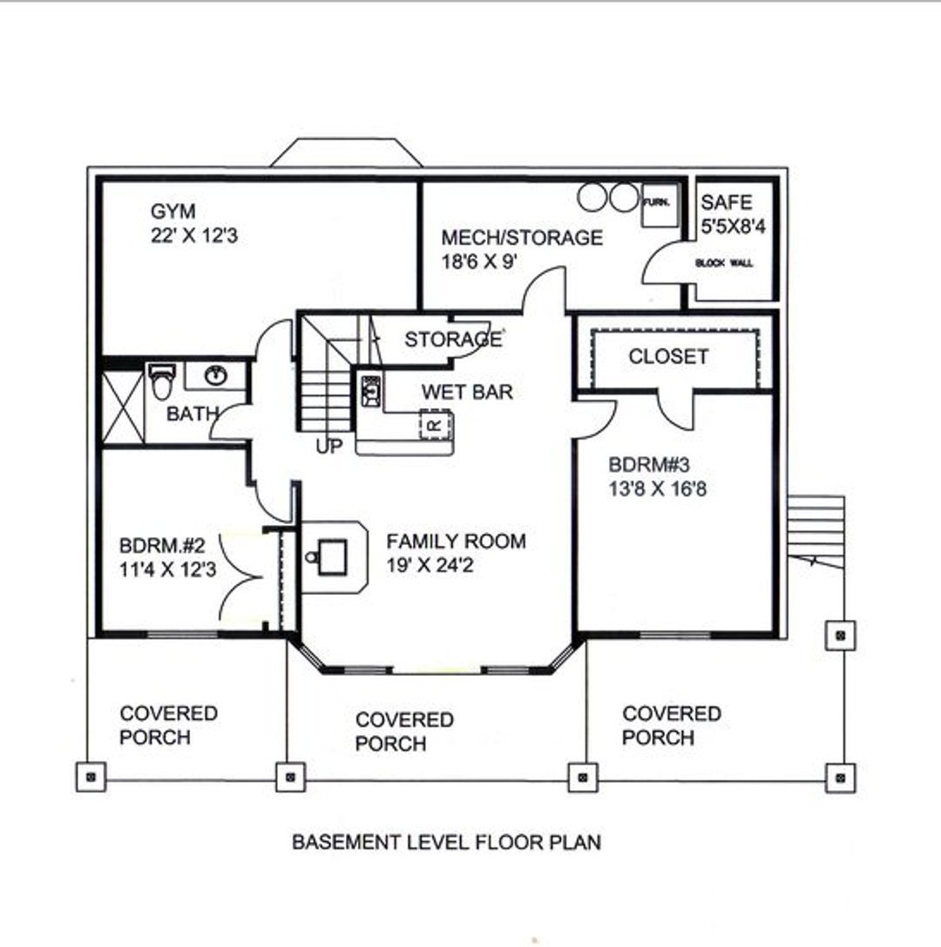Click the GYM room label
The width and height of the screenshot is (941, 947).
173,211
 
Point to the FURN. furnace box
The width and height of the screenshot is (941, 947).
657,204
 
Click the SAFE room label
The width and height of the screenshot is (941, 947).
727,202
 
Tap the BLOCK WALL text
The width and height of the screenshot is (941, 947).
724,262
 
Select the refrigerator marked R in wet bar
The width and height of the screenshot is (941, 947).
437,425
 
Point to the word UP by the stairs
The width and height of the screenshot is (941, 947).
329,446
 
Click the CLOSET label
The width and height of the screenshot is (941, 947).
668,357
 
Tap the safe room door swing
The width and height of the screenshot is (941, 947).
661,264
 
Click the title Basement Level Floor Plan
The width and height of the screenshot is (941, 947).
446,842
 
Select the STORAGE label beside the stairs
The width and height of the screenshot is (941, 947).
452,339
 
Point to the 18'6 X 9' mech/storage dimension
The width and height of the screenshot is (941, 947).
493,262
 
